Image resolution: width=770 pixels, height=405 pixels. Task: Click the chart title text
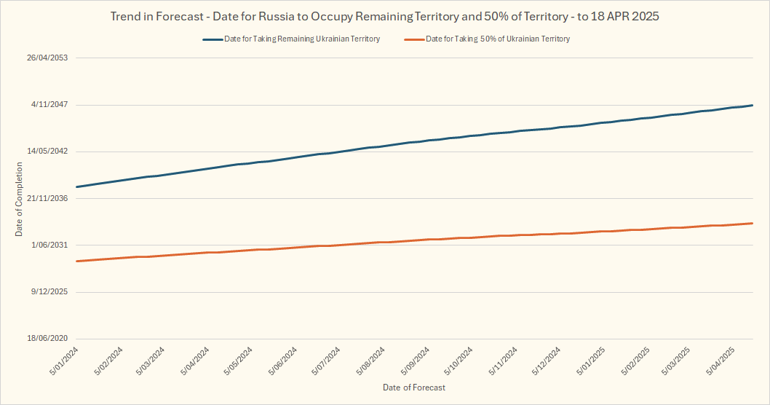click(x=384, y=15)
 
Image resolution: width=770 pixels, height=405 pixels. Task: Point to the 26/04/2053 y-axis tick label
click(x=47, y=58)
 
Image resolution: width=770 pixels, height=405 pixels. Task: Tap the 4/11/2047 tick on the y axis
click(x=49, y=105)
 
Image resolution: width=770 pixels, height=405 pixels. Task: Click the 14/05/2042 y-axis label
click(x=47, y=152)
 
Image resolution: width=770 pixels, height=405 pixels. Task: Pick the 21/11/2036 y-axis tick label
click(x=47, y=198)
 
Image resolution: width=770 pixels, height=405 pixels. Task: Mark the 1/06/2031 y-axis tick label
click(x=49, y=245)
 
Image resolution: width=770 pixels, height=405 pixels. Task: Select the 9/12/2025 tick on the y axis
click(x=49, y=292)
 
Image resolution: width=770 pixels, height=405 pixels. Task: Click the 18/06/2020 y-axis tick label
click(x=47, y=339)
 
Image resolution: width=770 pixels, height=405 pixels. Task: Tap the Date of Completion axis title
click(x=19, y=199)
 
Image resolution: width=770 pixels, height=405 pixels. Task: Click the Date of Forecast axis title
click(x=414, y=388)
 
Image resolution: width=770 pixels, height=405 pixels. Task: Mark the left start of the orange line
click(x=76, y=261)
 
